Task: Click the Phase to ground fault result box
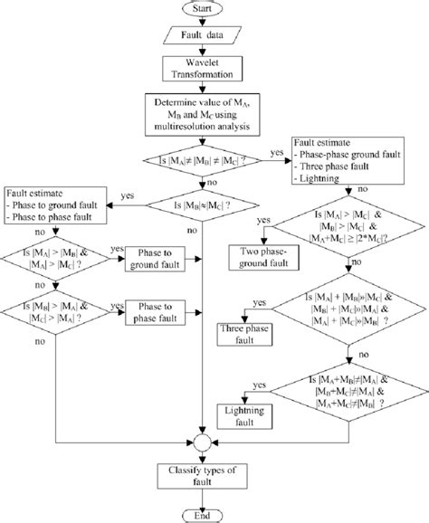156,257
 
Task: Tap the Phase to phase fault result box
156,312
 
